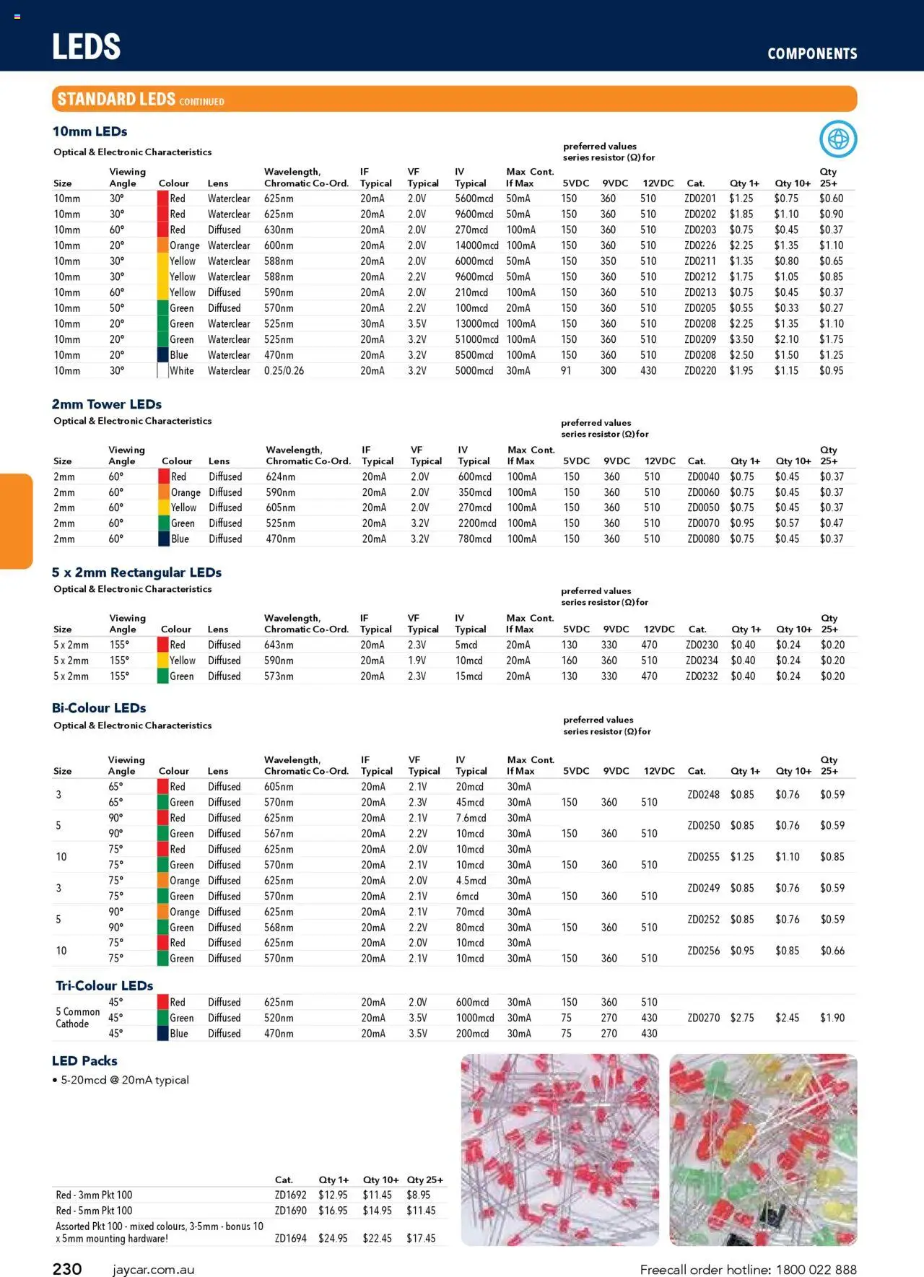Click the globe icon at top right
(838, 139)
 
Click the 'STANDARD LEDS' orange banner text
(116, 99)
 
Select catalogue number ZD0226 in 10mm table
(700, 245)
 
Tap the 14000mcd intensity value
(476, 245)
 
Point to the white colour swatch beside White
(162, 371)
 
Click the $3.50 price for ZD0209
(741, 339)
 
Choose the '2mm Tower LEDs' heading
(107, 404)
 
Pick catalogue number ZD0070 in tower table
(703, 523)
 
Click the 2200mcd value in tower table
(477, 523)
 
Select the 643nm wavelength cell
(279, 645)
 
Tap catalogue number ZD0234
(702, 661)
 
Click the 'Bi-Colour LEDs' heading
(99, 708)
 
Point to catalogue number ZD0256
(703, 951)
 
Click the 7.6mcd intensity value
(471, 818)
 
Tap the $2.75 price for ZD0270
(742, 1018)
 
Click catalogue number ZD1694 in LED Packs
(290, 1238)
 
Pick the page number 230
(67, 1269)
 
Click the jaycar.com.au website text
(153, 1270)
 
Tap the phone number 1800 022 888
(816, 1270)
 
